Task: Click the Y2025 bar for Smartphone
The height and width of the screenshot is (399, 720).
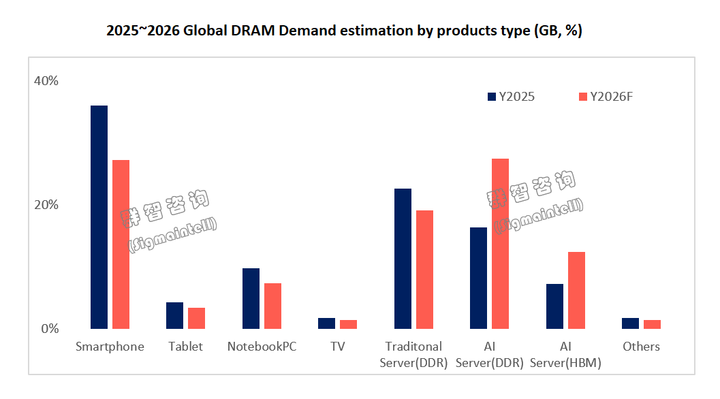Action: (x=99, y=217)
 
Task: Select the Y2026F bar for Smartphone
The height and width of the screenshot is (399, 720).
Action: (x=121, y=244)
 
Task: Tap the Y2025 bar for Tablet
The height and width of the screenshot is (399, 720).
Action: (x=174, y=315)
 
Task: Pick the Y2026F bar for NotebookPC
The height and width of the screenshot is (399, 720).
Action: (x=272, y=306)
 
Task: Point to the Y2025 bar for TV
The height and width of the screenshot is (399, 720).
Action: (x=326, y=323)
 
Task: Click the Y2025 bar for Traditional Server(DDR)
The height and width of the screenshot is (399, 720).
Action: (x=403, y=259)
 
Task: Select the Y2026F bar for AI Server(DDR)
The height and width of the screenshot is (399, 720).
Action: (x=500, y=244)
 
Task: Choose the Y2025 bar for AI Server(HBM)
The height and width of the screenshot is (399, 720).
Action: (x=554, y=306)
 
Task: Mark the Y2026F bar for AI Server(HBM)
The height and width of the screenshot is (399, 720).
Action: (x=576, y=290)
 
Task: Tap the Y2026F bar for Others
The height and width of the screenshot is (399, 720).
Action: (x=652, y=324)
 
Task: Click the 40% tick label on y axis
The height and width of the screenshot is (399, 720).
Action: (x=46, y=81)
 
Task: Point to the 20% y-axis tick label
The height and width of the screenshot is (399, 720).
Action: (x=46, y=205)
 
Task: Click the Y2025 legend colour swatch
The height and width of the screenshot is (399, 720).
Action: (x=492, y=97)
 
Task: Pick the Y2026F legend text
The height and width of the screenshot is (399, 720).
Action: (x=611, y=97)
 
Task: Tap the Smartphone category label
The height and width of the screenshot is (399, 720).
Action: (x=110, y=347)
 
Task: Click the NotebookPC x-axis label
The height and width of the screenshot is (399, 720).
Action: (x=262, y=347)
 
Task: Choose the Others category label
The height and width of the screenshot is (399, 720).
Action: (x=641, y=347)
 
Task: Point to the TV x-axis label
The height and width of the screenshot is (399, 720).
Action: (x=338, y=347)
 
